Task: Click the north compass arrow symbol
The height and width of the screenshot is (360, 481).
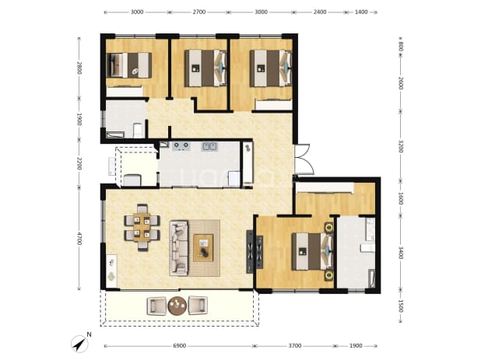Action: [x=79, y=344]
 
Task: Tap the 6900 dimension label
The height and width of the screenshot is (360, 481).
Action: [x=180, y=346]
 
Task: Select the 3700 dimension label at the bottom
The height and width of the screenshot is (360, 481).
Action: [x=295, y=346]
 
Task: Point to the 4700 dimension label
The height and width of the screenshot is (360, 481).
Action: [x=79, y=239]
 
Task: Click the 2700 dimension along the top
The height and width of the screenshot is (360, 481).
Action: [x=199, y=12]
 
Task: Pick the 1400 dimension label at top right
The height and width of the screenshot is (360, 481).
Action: [x=361, y=12]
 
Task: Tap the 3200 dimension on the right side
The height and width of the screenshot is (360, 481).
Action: [x=401, y=146]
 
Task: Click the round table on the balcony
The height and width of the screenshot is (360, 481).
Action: [x=177, y=305]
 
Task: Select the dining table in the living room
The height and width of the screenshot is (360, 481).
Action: [x=142, y=227]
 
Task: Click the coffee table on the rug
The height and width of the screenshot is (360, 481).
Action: [x=203, y=248]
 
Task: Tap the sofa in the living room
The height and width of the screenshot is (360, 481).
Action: [x=179, y=247]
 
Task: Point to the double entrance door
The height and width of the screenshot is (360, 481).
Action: [x=303, y=159]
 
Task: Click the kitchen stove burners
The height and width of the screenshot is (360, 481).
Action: [x=181, y=146]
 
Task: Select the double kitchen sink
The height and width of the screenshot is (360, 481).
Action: [x=209, y=146]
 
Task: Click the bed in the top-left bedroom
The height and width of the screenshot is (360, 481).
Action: [x=129, y=65]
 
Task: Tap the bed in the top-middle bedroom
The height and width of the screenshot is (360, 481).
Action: [x=205, y=68]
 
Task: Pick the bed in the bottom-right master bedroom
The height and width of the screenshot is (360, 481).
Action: [x=313, y=251]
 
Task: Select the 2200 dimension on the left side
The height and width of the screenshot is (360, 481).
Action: [x=79, y=163]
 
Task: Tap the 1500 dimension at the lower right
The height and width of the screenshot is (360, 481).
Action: [x=401, y=306]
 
